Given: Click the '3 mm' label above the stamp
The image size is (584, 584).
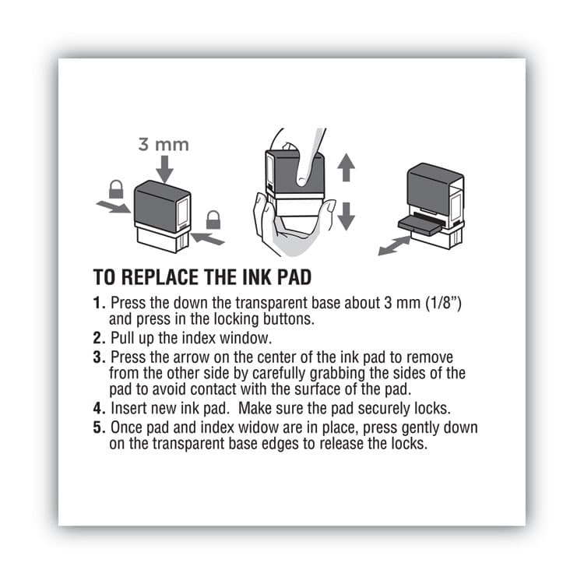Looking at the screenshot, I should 164,145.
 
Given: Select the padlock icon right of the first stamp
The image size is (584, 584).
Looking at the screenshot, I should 213,220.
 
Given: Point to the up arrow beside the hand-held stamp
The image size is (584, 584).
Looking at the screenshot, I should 346,167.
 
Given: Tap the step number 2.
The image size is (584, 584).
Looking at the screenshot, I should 98,339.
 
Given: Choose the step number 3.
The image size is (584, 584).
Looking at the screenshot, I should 98,358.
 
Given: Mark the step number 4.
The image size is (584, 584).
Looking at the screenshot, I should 98,408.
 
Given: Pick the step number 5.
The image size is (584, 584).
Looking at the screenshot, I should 98,428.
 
